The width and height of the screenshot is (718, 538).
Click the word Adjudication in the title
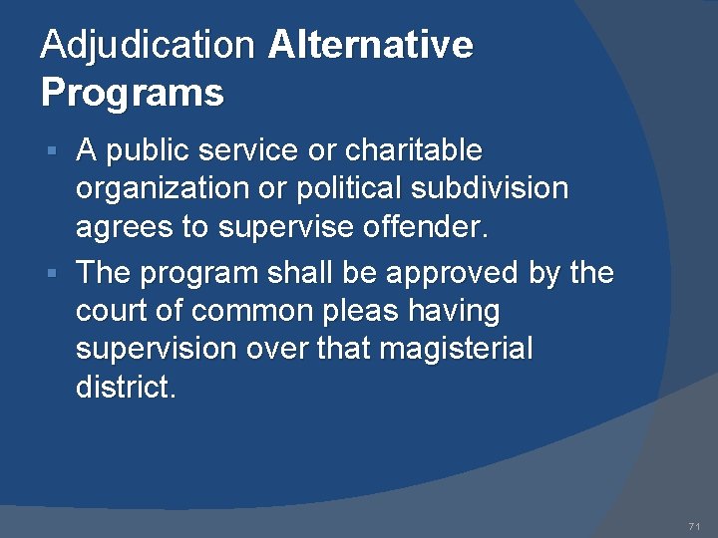(148, 45)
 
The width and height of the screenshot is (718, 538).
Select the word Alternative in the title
(370, 45)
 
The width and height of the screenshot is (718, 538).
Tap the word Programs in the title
(132, 93)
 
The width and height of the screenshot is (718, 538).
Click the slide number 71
(694, 526)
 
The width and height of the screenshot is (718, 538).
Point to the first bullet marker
(63, 151)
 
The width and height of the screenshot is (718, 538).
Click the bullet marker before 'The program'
(63, 272)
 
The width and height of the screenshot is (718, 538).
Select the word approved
(435, 271)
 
